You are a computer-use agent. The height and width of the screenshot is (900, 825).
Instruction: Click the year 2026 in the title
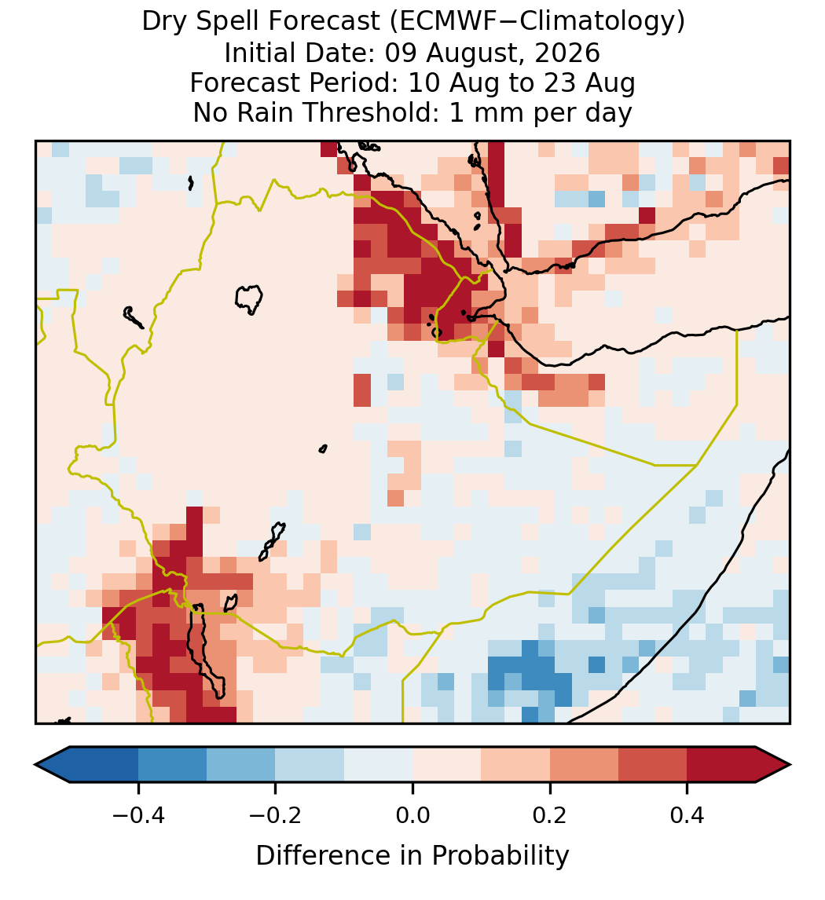tap(567, 53)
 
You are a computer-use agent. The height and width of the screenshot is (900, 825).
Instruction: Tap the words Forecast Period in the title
tap(293, 82)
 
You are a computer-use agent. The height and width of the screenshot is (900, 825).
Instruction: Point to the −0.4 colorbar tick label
tap(138, 814)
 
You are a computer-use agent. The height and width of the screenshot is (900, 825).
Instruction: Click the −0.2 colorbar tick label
tap(276, 814)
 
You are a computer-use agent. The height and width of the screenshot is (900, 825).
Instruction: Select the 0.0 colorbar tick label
tap(412, 814)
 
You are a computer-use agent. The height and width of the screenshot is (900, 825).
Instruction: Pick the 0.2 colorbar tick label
tap(550, 814)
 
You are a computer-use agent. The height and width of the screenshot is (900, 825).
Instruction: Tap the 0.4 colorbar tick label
tap(687, 814)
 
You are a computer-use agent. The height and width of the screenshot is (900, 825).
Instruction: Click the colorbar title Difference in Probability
tap(412, 856)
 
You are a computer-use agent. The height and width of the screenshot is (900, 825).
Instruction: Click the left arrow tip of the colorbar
tap(35, 765)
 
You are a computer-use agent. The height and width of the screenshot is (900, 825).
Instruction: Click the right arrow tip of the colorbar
tap(790, 765)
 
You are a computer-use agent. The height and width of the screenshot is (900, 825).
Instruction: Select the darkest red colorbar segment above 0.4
tap(721, 765)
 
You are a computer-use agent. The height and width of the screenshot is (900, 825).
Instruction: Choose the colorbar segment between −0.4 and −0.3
tap(173, 765)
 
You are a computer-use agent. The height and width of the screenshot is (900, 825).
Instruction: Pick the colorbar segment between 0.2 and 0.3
tap(584, 765)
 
